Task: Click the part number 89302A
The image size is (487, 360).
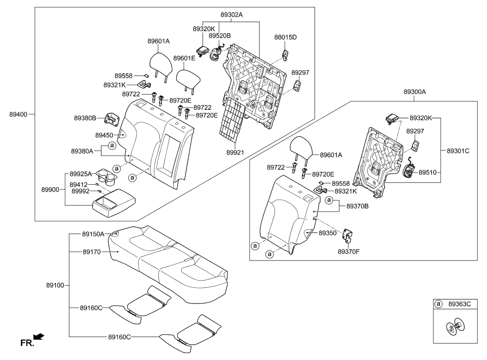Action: click(x=232, y=15)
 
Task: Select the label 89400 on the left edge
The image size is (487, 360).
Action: click(x=19, y=114)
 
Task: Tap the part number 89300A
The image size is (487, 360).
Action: click(x=415, y=92)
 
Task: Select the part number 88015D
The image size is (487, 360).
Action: click(x=286, y=37)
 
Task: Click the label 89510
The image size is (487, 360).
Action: click(x=429, y=173)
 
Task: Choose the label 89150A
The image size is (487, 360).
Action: click(x=93, y=234)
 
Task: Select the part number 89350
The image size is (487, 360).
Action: click(x=328, y=232)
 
